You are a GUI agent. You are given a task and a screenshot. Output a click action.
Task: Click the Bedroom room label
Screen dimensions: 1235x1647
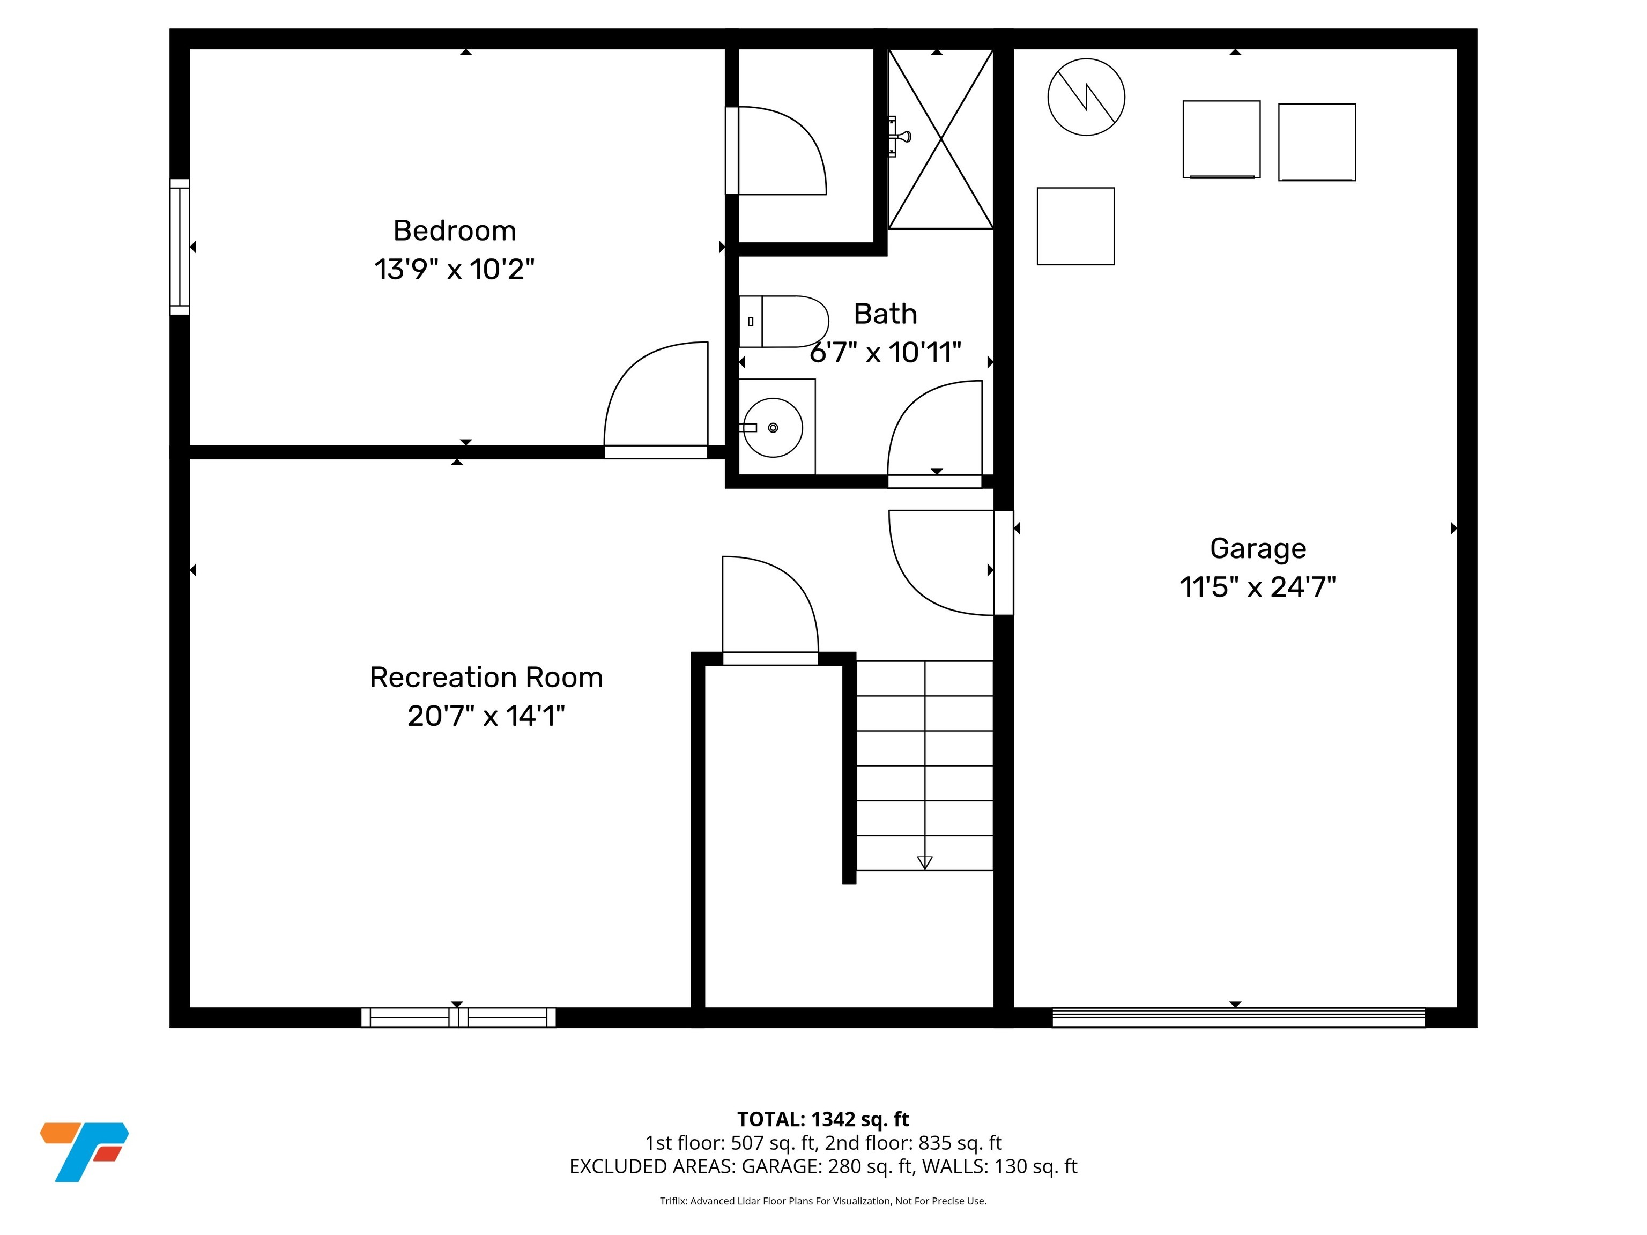454,231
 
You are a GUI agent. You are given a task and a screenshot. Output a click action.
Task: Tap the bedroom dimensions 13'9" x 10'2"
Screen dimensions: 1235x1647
454,270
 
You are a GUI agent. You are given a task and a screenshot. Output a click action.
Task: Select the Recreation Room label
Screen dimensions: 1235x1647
486,678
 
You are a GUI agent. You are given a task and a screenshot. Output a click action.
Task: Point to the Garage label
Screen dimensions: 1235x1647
1258,549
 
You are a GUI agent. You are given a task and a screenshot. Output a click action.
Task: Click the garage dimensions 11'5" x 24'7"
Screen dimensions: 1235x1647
1258,587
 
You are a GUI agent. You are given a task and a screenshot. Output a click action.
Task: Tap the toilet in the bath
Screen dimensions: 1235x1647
784,322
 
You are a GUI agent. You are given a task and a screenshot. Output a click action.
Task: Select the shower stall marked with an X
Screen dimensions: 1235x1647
941,139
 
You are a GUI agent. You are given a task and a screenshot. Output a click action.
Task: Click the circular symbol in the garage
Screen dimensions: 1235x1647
1086,98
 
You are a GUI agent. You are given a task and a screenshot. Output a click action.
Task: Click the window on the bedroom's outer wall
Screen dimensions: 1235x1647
180,247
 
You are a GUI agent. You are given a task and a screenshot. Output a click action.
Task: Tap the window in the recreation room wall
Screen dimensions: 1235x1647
458,1017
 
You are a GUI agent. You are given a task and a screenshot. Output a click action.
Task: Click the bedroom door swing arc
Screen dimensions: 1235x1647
655,395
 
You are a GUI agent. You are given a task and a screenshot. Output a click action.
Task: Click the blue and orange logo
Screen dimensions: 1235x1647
84,1151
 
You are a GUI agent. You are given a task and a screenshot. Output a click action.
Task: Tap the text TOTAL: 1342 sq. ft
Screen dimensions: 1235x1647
823,1119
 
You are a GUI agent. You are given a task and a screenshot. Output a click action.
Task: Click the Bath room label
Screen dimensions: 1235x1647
885,314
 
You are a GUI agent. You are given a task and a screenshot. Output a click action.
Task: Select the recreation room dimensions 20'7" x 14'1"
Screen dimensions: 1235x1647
486,716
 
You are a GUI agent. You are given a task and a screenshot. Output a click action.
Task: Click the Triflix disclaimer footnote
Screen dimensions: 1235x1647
823,1201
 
